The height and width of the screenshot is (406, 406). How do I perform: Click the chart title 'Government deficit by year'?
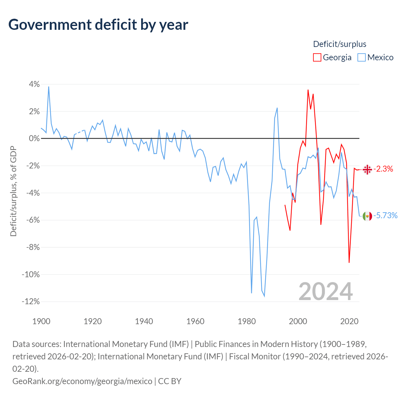[x=98, y=25]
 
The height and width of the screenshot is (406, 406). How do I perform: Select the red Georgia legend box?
[x=317, y=57]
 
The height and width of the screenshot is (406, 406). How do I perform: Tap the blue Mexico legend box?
[x=361, y=57]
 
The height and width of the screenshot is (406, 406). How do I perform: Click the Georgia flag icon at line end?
[x=367, y=169]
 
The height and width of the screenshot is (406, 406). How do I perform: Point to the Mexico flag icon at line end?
[x=367, y=216]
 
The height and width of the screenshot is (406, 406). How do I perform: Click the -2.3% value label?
[x=383, y=169]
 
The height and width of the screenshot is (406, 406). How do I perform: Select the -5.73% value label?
[x=385, y=215]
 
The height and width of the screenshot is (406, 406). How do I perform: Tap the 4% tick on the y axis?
[x=34, y=84]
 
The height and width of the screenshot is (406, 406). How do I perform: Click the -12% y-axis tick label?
[x=31, y=301]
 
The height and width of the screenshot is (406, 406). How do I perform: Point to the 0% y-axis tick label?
[x=34, y=138]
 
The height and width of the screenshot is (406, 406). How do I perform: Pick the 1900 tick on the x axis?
[x=41, y=321]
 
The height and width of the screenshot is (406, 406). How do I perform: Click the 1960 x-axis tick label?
[x=195, y=321]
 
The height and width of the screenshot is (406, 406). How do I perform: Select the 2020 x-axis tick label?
[x=349, y=321]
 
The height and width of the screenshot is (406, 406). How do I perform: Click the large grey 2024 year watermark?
[x=325, y=291]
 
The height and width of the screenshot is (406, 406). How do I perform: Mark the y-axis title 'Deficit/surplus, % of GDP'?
[x=14, y=191]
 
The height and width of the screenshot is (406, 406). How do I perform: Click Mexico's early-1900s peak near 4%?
[x=49, y=87]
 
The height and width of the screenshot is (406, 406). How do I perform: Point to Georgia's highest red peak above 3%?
[x=308, y=90]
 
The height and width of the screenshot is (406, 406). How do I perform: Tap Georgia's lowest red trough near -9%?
[x=349, y=262]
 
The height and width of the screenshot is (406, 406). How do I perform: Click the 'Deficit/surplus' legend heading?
[x=340, y=44]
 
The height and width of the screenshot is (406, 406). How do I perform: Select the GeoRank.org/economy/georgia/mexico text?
[x=82, y=381]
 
